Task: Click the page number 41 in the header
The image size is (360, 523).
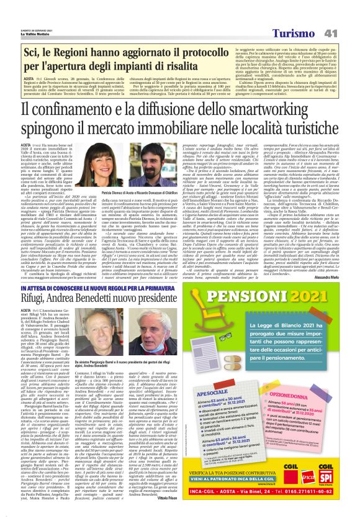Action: (346, 15)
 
